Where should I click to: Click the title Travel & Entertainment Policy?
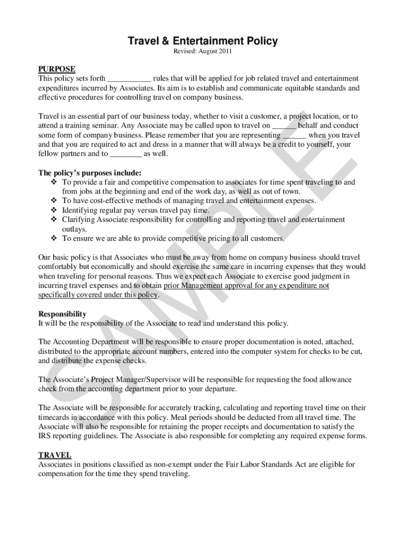tap(204, 41)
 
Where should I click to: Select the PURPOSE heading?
tap(57, 69)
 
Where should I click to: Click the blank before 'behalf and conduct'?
tap(284, 126)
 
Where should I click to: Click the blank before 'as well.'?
tap(126, 154)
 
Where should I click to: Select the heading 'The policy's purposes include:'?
tap(90, 173)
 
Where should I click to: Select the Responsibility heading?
tap(62, 314)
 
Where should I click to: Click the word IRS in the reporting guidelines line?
tap(45, 436)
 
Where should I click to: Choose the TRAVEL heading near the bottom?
tap(55, 455)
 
